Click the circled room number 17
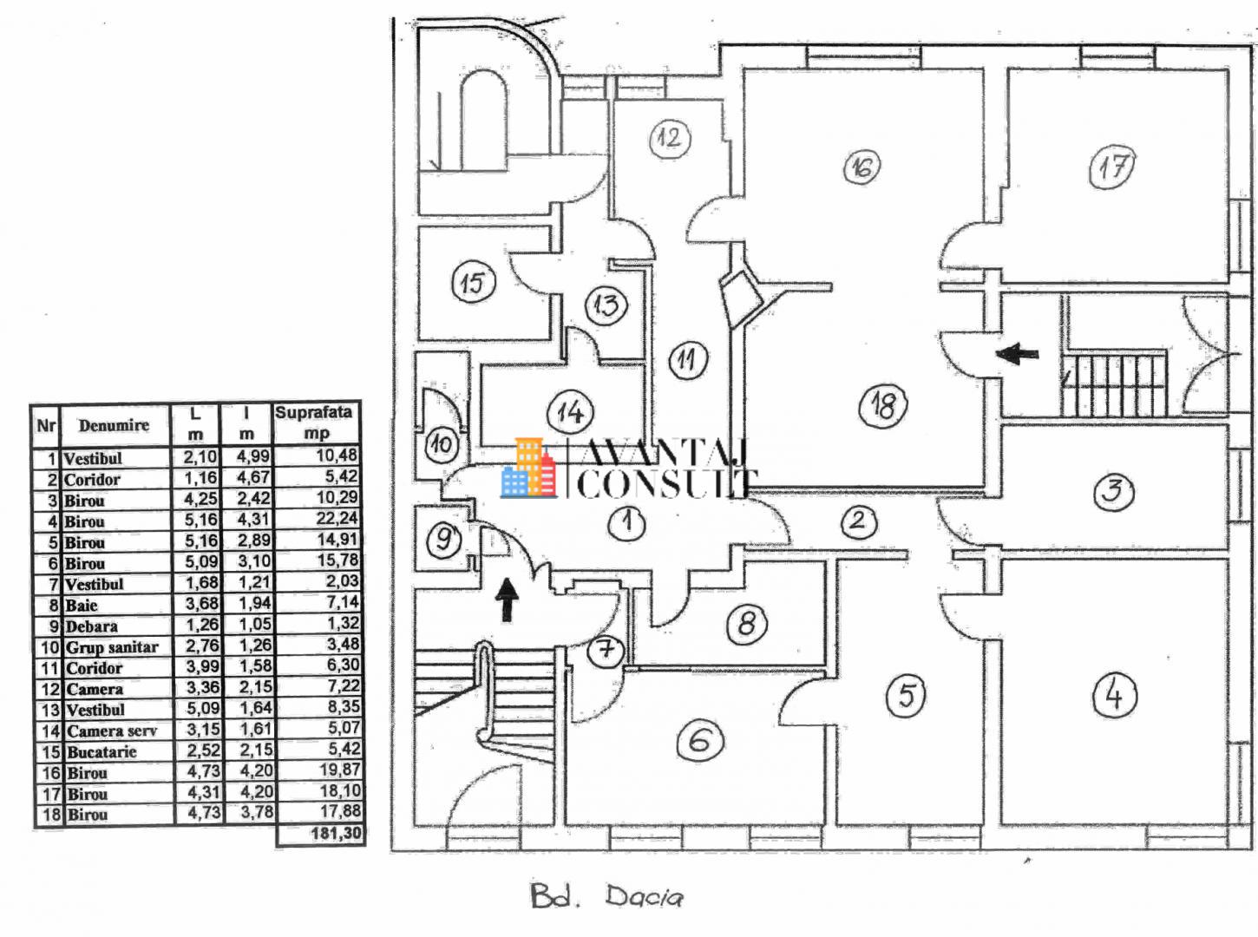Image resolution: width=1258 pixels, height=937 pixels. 1112,167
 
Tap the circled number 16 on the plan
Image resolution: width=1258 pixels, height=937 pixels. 862,167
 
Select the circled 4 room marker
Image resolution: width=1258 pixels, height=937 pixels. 1115,696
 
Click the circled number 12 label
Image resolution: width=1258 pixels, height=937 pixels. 670,138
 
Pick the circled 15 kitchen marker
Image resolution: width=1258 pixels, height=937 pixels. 473,282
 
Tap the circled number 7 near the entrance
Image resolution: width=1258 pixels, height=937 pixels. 606,650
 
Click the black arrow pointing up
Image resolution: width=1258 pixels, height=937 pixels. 507,600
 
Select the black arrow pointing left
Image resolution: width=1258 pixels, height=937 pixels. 1018,354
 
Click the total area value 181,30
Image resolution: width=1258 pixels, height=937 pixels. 336,834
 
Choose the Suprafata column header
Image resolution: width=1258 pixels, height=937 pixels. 314,412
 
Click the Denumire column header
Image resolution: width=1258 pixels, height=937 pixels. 114,425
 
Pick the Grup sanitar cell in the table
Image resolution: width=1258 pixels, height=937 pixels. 112,647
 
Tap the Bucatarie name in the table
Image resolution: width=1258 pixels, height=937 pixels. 102,752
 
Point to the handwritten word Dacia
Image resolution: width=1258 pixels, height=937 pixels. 645,897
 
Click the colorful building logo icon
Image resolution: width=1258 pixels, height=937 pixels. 528,468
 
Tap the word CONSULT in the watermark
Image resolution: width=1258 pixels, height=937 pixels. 667,484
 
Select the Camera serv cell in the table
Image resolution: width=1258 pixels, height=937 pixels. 112,731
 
